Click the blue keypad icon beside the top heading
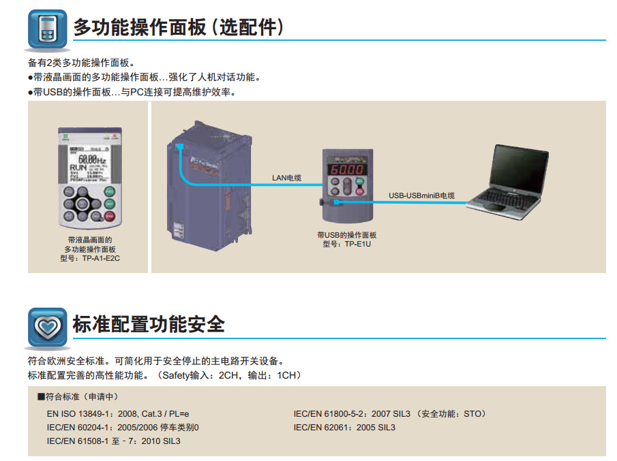tap(47, 30)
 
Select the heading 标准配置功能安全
tap(149, 324)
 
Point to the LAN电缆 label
tap(286, 178)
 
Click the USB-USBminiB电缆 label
tap(421, 195)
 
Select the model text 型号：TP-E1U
tap(347, 244)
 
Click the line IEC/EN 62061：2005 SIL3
tap(344, 428)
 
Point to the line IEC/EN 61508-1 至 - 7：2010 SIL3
tap(114, 441)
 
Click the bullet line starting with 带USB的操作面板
tap(132, 92)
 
